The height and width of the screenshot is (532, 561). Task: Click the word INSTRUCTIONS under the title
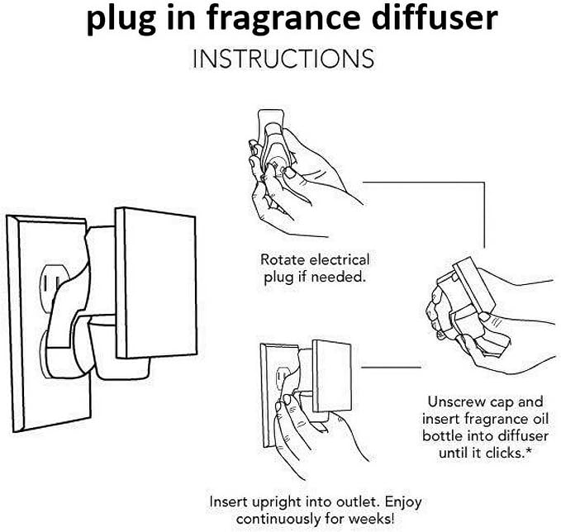[x=283, y=59]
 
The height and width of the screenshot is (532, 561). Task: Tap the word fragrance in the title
[x=283, y=20]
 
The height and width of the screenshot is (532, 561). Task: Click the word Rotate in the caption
[x=283, y=259]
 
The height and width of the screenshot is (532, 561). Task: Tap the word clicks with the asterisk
[x=508, y=453]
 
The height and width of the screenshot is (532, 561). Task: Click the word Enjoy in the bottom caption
[x=403, y=502]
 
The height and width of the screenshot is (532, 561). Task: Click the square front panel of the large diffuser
[x=156, y=283]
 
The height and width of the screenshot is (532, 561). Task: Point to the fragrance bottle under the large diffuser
[x=120, y=347]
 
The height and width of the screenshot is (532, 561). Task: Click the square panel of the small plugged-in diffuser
[x=331, y=376]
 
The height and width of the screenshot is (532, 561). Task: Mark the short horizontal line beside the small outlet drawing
[x=391, y=367]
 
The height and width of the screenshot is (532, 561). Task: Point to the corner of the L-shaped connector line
[x=484, y=183]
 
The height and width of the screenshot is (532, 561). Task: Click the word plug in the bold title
[x=121, y=21]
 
